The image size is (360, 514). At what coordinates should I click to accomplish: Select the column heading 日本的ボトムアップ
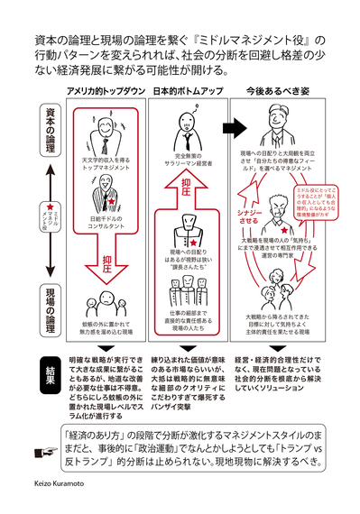[185, 93]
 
